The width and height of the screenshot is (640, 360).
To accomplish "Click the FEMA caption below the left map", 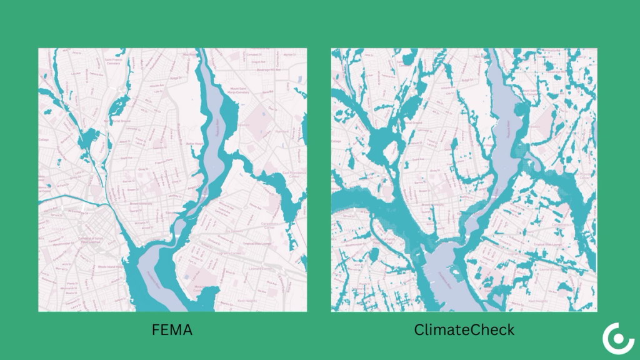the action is (172, 329).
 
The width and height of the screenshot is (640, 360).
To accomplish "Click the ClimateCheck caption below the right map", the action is (464, 329).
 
